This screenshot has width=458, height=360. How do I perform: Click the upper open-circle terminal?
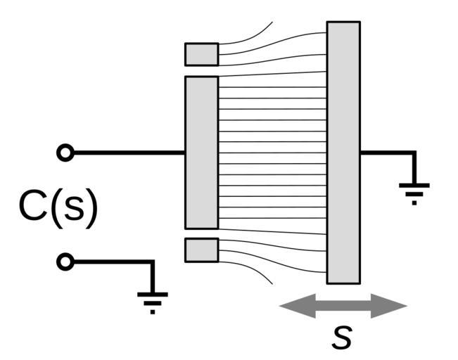tap(65, 153)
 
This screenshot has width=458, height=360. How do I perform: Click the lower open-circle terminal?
tap(65, 262)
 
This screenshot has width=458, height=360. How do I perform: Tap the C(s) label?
tap(58, 207)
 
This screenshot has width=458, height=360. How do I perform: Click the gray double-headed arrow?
tap(343, 306)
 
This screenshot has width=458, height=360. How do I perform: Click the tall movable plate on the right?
tap(343, 152)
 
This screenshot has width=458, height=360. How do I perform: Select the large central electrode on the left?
tap(201, 152)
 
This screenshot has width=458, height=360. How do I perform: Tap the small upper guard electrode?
tap(201, 54)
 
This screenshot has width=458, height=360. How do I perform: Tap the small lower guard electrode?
tap(201, 250)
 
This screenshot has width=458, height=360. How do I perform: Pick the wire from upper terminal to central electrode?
tap(127, 153)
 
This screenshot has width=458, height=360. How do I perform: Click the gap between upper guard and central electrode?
tap(201, 71)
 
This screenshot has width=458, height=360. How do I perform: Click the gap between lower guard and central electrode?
tap(201, 233)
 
